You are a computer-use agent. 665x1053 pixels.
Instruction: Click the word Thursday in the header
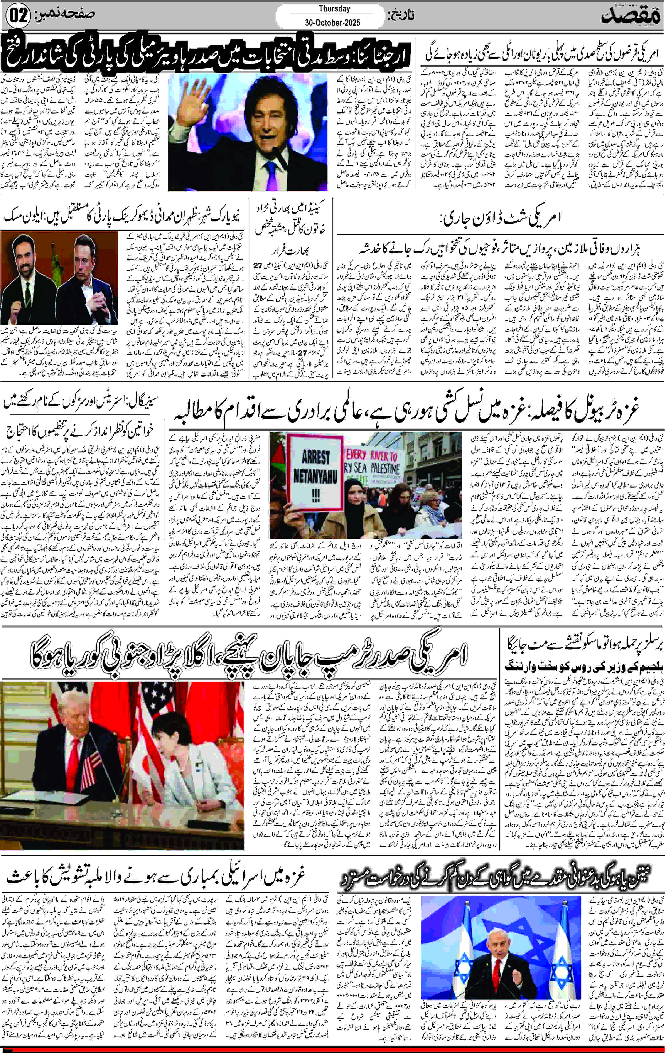(334, 9)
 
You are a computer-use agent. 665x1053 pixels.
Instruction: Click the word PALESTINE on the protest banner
(385, 469)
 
